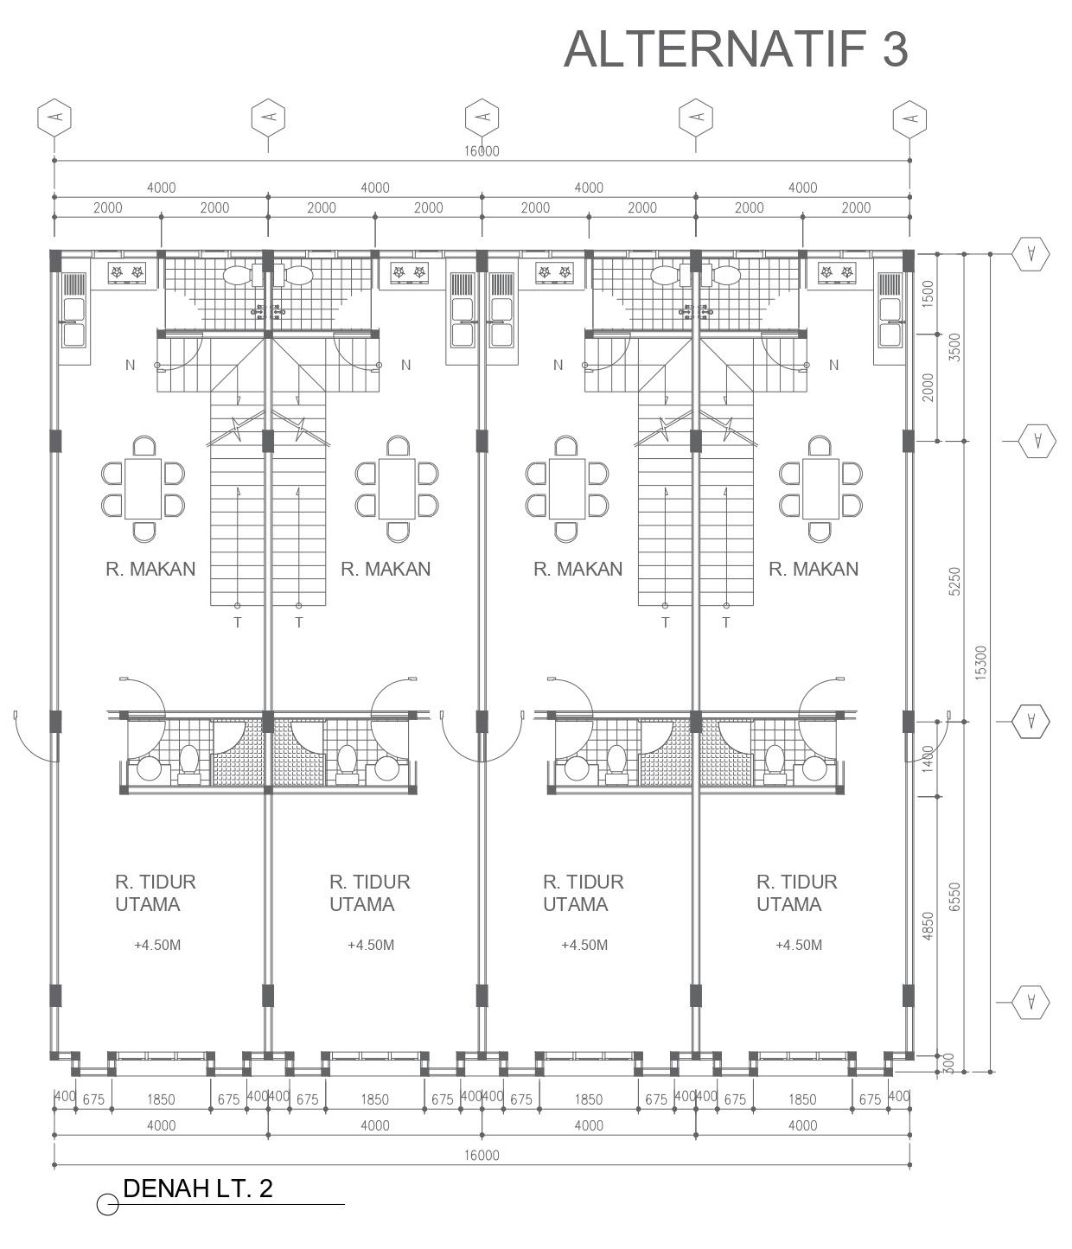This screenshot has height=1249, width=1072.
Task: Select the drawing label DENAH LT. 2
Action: [x=198, y=1188]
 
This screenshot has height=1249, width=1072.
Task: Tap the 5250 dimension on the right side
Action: [x=954, y=582]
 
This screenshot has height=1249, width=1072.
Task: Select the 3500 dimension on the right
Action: [x=954, y=347]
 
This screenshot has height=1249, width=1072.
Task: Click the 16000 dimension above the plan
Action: [x=482, y=151]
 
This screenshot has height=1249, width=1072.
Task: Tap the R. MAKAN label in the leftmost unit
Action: [x=150, y=569]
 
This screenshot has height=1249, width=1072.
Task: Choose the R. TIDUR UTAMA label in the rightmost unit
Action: [x=796, y=893]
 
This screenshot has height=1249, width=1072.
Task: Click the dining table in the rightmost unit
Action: [x=820, y=488]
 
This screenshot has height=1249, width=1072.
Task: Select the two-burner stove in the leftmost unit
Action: [x=126, y=274]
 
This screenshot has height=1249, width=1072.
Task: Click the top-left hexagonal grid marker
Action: [x=54, y=118]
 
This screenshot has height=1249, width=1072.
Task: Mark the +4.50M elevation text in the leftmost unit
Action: [x=157, y=945]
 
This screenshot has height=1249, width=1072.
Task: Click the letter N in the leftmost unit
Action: [x=130, y=365]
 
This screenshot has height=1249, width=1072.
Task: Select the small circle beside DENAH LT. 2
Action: [x=108, y=1204]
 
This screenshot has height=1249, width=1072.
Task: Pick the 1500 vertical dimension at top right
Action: [x=928, y=294]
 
